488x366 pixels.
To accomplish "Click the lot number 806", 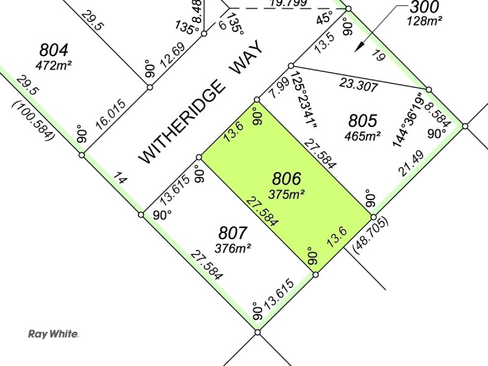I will pos(286,179).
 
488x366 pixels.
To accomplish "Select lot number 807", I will pos(232,233).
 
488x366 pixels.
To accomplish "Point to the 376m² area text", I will pos(232,247).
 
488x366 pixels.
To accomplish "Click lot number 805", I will pos(363,120).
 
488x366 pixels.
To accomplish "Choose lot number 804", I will pos(54,49).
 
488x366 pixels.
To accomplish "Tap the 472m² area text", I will pos(54,64).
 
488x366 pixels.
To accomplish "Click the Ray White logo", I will pos(54,334).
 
